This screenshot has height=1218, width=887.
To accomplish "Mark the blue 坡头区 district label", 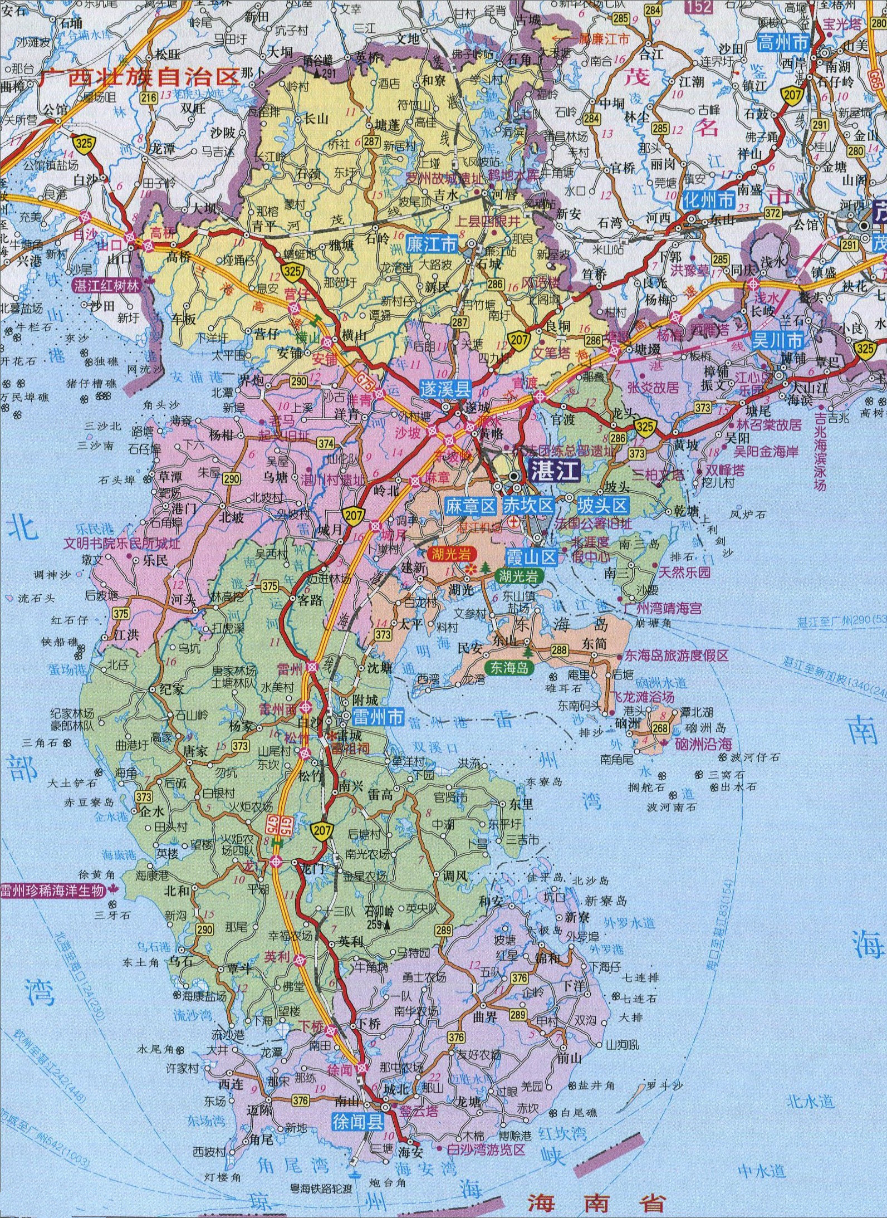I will click(602, 506).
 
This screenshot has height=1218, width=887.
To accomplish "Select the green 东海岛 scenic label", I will click(509, 667).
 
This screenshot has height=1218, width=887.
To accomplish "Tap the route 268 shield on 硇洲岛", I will click(660, 728).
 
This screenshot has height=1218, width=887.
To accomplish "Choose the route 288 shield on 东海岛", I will click(559, 649).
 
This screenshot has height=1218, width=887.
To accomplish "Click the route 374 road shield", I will click(326, 443).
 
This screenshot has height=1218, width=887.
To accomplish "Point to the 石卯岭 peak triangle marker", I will click(386, 925).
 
